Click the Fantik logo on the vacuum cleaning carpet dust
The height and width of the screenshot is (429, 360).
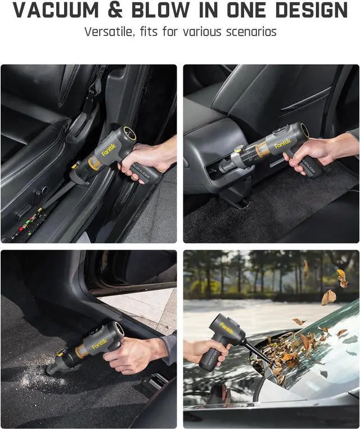point(100,344)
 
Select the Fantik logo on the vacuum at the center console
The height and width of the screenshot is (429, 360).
point(283,144)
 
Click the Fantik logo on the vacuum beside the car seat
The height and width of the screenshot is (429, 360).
point(109,150)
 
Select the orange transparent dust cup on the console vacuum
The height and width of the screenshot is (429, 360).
point(261,151)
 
